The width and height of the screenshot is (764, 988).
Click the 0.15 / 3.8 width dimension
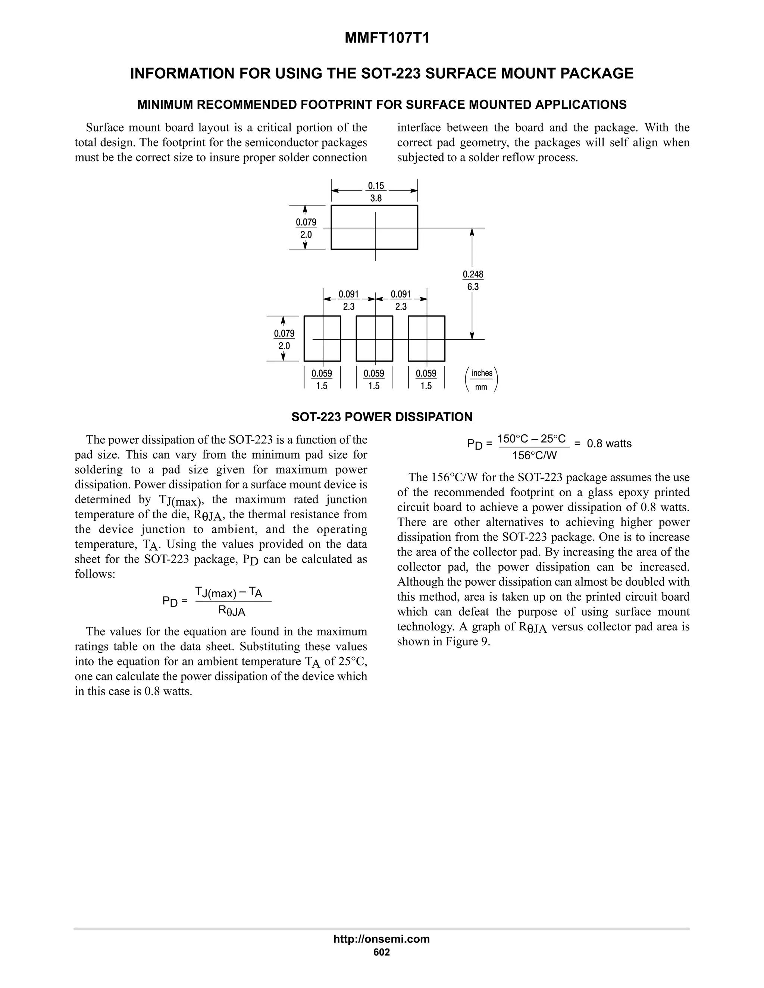click(376, 192)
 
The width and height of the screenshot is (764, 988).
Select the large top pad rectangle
click(374, 227)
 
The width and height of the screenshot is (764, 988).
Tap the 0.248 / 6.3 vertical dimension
click(473, 280)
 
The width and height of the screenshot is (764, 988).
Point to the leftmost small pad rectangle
click(322, 339)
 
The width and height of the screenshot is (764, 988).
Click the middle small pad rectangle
click(374, 339)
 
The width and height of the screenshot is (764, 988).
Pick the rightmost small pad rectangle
click(426, 339)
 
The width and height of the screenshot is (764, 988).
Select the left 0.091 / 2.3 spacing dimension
click(348, 301)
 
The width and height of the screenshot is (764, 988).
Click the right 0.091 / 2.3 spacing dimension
click(401, 301)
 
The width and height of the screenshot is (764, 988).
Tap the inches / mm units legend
click(482, 380)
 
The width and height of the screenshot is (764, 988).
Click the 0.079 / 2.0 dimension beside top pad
click(306, 229)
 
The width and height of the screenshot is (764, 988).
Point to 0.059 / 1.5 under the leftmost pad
click(322, 380)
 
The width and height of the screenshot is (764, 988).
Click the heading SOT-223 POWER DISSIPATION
click(382, 417)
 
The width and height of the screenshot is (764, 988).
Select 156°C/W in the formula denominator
click(534, 456)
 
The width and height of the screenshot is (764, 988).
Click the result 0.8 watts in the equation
click(609, 444)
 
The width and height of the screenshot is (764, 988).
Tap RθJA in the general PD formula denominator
click(232, 611)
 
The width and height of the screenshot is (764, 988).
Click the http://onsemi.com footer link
click(382, 939)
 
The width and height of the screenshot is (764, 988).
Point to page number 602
click(382, 952)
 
